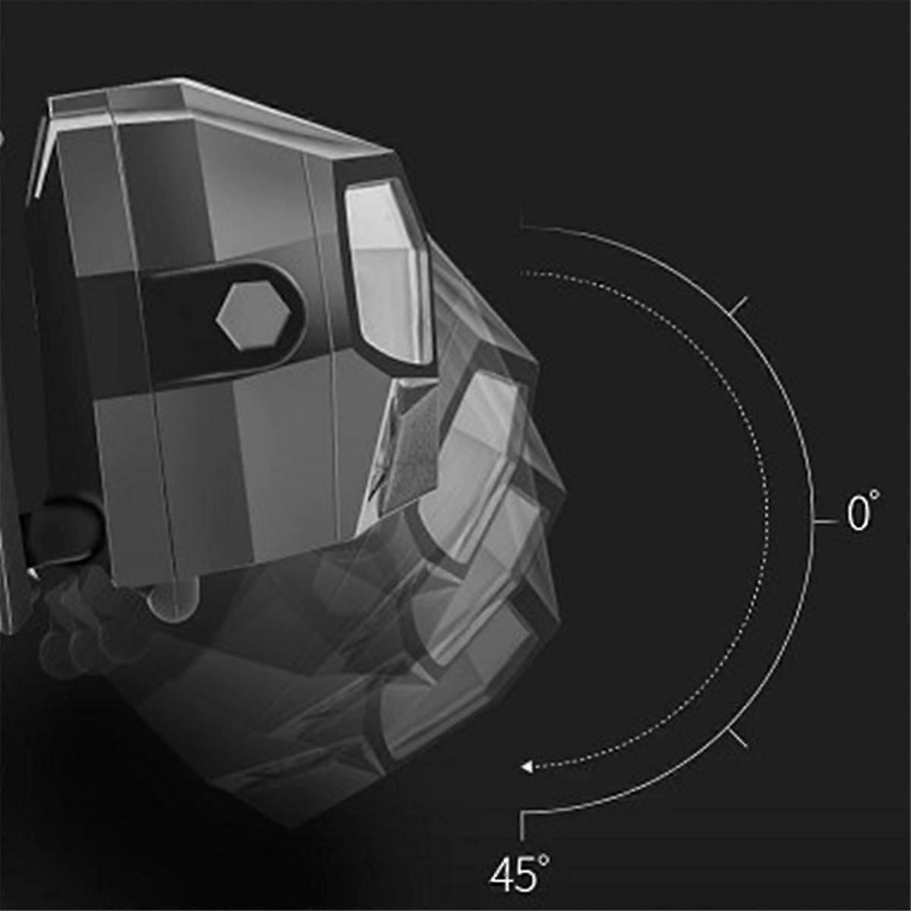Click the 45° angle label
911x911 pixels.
tap(519, 873)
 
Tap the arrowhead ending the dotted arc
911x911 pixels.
tap(527, 767)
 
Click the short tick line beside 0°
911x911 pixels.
tap(824, 523)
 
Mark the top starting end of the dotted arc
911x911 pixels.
tap(522, 272)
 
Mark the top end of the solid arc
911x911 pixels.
tap(522, 225)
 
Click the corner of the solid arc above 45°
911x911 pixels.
tap(523, 813)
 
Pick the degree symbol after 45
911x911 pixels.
tap(544, 860)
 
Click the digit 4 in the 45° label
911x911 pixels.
tap(503, 875)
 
